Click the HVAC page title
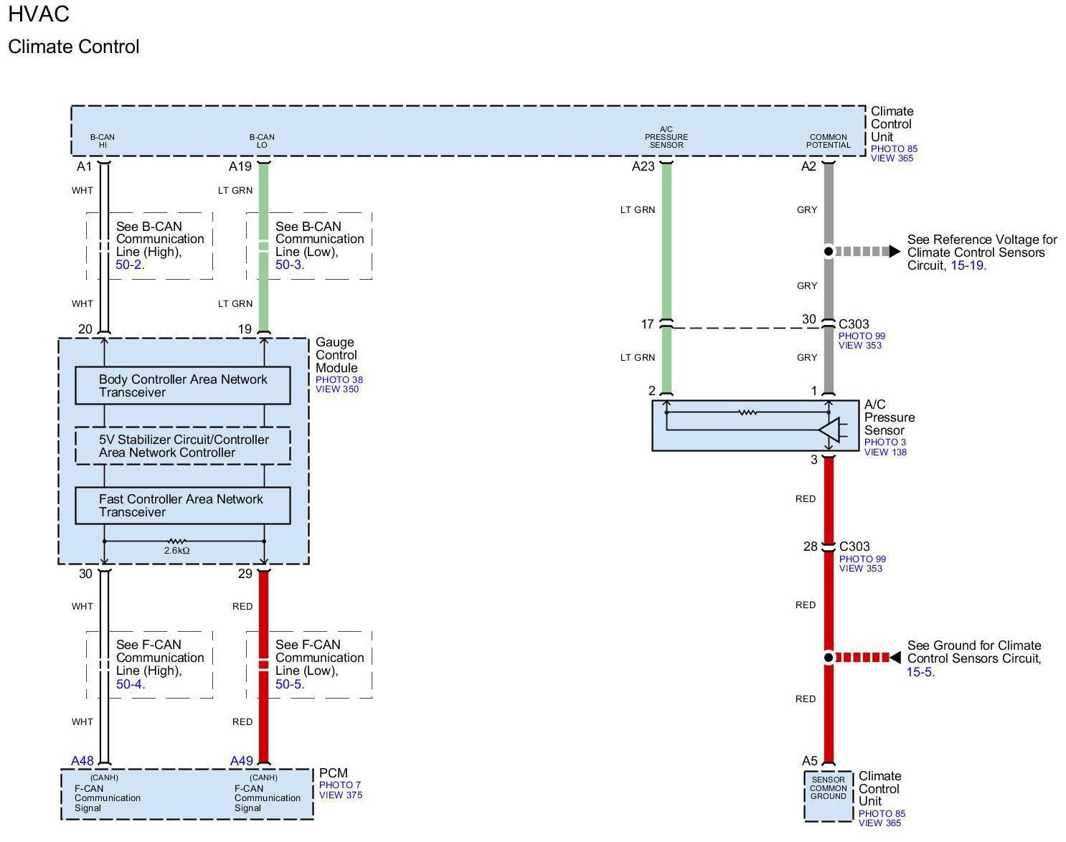[39, 14]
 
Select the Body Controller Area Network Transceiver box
[183, 385]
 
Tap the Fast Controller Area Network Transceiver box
[183, 506]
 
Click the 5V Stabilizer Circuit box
[183, 446]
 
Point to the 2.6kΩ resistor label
[177, 550]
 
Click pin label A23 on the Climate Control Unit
[643, 166]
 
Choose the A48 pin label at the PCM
[82, 761]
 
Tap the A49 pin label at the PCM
[242, 761]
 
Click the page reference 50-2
[128, 265]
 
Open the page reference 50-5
[288, 684]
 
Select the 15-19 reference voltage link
[966, 265]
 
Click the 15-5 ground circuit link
[920, 672]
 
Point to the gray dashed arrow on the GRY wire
[867, 252]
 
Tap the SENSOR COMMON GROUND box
[829, 796]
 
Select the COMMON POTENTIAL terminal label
[828, 141]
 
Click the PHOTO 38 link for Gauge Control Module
[339, 380]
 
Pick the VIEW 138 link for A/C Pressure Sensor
[885, 453]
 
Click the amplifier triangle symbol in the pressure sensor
[830, 430]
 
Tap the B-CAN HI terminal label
[102, 141]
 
